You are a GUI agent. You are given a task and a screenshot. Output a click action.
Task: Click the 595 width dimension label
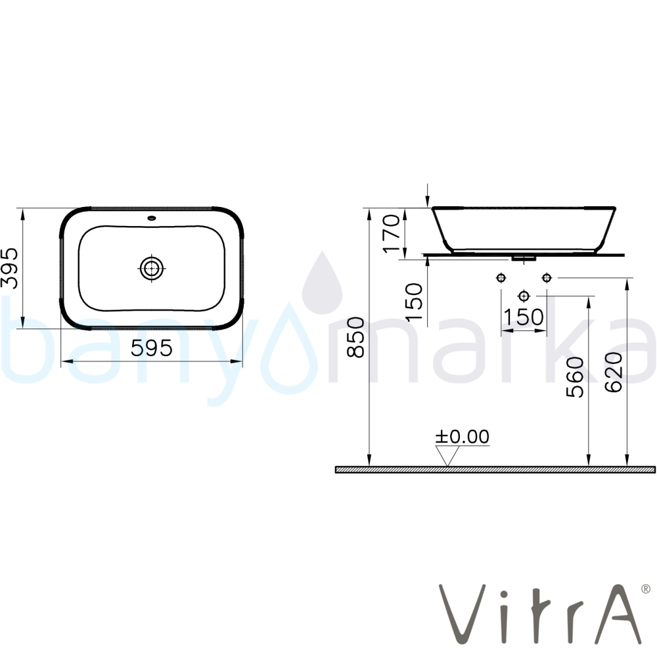coord(151,348)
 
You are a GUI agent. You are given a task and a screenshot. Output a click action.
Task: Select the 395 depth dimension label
coord(10,268)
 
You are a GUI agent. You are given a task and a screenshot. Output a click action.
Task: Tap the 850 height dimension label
coord(357,337)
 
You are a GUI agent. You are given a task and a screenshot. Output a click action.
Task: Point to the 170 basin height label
coord(392,233)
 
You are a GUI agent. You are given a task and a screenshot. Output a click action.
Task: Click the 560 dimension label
coord(574,376)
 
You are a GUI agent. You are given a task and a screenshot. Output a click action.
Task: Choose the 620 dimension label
coord(614,372)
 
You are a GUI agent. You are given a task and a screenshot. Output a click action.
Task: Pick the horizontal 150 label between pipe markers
coord(524,317)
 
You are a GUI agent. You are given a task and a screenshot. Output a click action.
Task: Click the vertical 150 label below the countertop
coord(415,302)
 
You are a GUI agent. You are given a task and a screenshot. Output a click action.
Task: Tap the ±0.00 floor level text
coord(462,437)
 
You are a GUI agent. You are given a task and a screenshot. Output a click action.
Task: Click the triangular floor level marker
coord(447,455)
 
